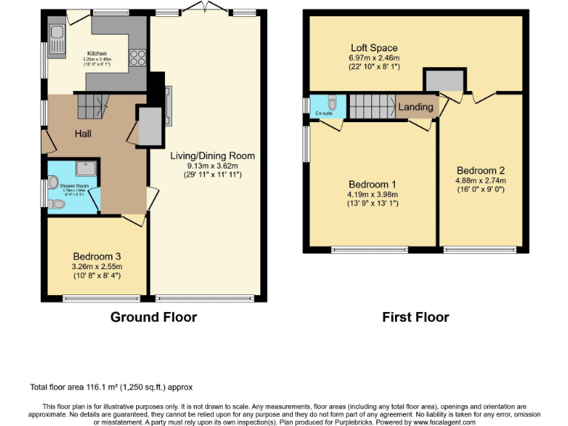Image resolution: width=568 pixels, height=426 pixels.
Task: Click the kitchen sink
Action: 56,33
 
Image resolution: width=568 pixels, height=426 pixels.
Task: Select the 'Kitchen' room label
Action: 97,53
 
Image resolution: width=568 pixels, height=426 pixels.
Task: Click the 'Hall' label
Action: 82,134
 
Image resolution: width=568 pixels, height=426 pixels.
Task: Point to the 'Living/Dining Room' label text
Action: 212,155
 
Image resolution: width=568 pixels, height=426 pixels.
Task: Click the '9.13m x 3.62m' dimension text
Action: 212,166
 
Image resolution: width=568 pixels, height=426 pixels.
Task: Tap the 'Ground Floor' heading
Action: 153,317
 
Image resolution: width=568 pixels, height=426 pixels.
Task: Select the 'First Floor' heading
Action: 415,317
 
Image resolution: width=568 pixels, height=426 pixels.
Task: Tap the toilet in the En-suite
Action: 332,105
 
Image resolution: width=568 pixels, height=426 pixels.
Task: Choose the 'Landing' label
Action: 416,107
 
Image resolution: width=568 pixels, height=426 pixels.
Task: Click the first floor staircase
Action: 372,106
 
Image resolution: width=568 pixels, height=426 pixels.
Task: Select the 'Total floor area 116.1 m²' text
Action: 111,387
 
